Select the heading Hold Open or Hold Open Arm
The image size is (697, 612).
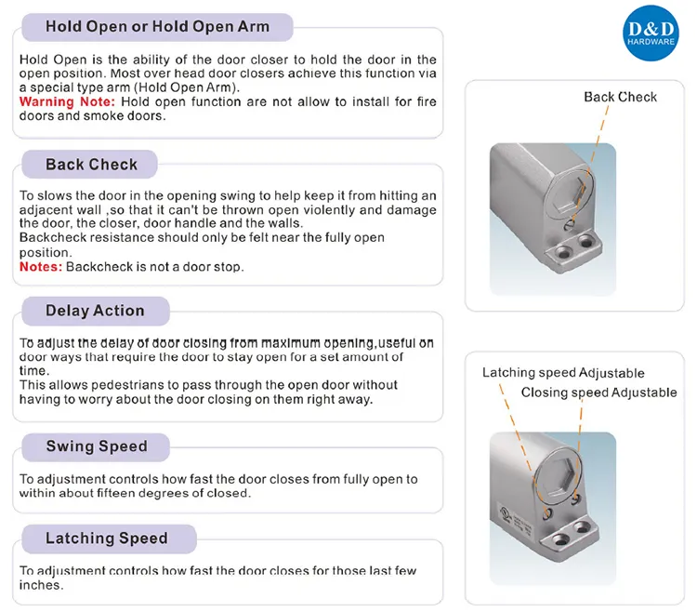(x=157, y=26)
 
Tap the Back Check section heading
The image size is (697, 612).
(x=91, y=165)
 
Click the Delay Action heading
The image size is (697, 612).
(x=95, y=311)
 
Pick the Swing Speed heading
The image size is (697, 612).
(x=97, y=446)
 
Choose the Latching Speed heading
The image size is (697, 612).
(x=107, y=539)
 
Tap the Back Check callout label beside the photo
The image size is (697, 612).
(x=620, y=97)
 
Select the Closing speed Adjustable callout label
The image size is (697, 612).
(x=598, y=392)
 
